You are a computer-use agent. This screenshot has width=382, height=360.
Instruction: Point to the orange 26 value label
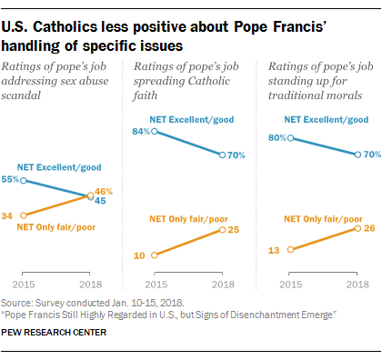(367, 228)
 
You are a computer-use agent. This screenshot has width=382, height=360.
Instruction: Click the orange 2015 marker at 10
(156, 255)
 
